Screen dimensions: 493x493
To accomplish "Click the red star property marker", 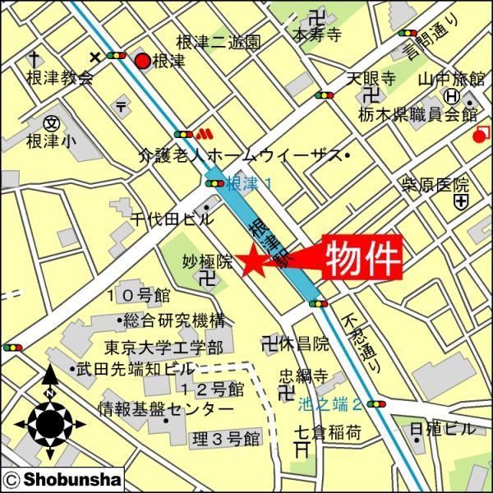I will point(251,262).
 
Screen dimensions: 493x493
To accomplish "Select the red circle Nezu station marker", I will point(142,60).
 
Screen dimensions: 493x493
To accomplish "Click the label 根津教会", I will point(60,79).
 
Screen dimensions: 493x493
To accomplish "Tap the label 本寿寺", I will point(316,35).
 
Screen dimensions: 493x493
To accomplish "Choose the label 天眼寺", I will point(371,79).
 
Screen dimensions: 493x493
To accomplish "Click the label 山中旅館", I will point(451,80).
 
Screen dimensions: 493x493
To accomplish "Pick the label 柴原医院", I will point(435,184).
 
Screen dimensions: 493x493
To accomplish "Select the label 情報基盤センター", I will point(167,408).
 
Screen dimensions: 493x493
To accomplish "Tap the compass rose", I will point(50,422).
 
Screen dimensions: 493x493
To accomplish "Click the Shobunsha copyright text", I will point(62,479).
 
